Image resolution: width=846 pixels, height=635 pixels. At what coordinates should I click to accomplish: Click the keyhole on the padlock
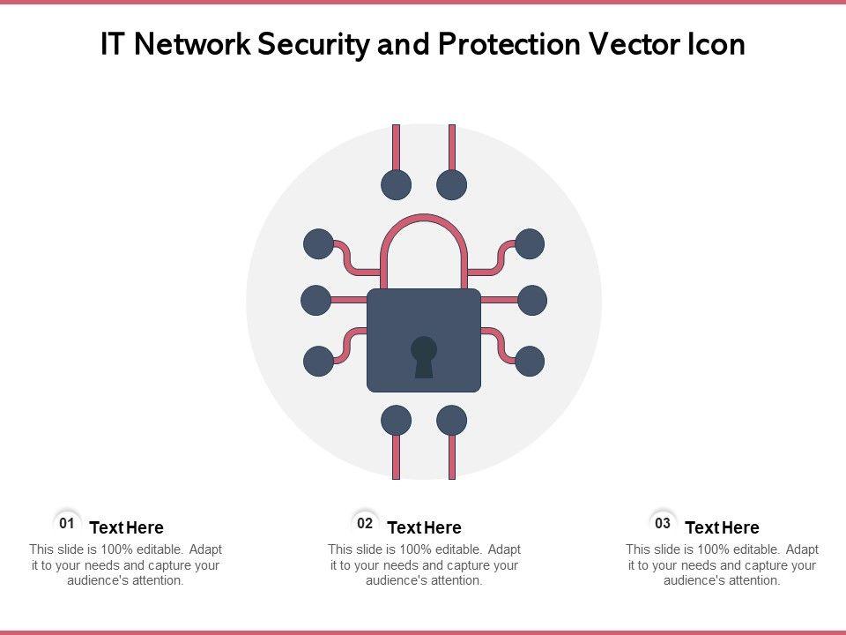click(424, 355)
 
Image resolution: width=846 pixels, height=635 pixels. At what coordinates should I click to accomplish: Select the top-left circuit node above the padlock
click(396, 185)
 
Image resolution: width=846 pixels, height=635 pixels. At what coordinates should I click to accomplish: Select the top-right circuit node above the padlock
click(452, 185)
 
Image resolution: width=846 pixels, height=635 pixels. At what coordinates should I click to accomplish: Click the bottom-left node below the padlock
click(396, 421)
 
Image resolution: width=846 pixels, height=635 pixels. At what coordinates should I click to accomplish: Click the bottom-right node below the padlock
click(452, 421)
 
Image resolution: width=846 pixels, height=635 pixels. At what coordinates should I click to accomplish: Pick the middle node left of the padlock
click(315, 301)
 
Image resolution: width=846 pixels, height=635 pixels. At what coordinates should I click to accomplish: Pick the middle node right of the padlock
click(532, 301)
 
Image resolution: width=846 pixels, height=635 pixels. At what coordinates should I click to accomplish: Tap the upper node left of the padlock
click(318, 244)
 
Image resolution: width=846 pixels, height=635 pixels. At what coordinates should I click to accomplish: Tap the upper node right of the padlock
click(530, 244)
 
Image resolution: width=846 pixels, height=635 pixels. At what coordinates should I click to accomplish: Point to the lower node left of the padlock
click(318, 361)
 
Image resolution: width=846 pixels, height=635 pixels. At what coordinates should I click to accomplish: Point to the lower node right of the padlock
click(530, 361)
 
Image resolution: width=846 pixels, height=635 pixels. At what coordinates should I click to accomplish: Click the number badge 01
click(66, 523)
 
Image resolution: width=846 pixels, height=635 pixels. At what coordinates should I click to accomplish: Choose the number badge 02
click(364, 523)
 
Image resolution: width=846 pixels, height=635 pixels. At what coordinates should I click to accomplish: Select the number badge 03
click(663, 523)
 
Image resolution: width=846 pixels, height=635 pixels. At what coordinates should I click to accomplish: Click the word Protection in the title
click(500, 45)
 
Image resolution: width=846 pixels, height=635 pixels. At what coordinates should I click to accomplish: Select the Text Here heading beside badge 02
click(424, 528)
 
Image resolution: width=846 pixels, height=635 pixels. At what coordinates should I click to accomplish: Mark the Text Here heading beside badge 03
click(722, 528)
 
